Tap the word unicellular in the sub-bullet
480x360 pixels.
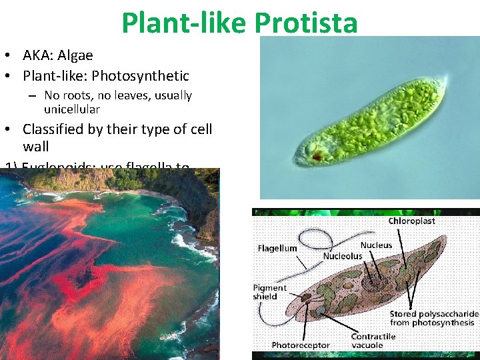click(x=72, y=109)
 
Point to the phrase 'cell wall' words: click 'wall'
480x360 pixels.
click(x=36, y=146)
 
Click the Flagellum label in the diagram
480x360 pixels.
click(x=277, y=248)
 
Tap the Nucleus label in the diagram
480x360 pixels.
click(x=376, y=245)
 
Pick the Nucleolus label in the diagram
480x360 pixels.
click(x=343, y=256)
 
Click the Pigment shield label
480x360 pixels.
click(x=270, y=292)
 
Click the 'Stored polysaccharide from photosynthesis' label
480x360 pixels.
click(x=433, y=318)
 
